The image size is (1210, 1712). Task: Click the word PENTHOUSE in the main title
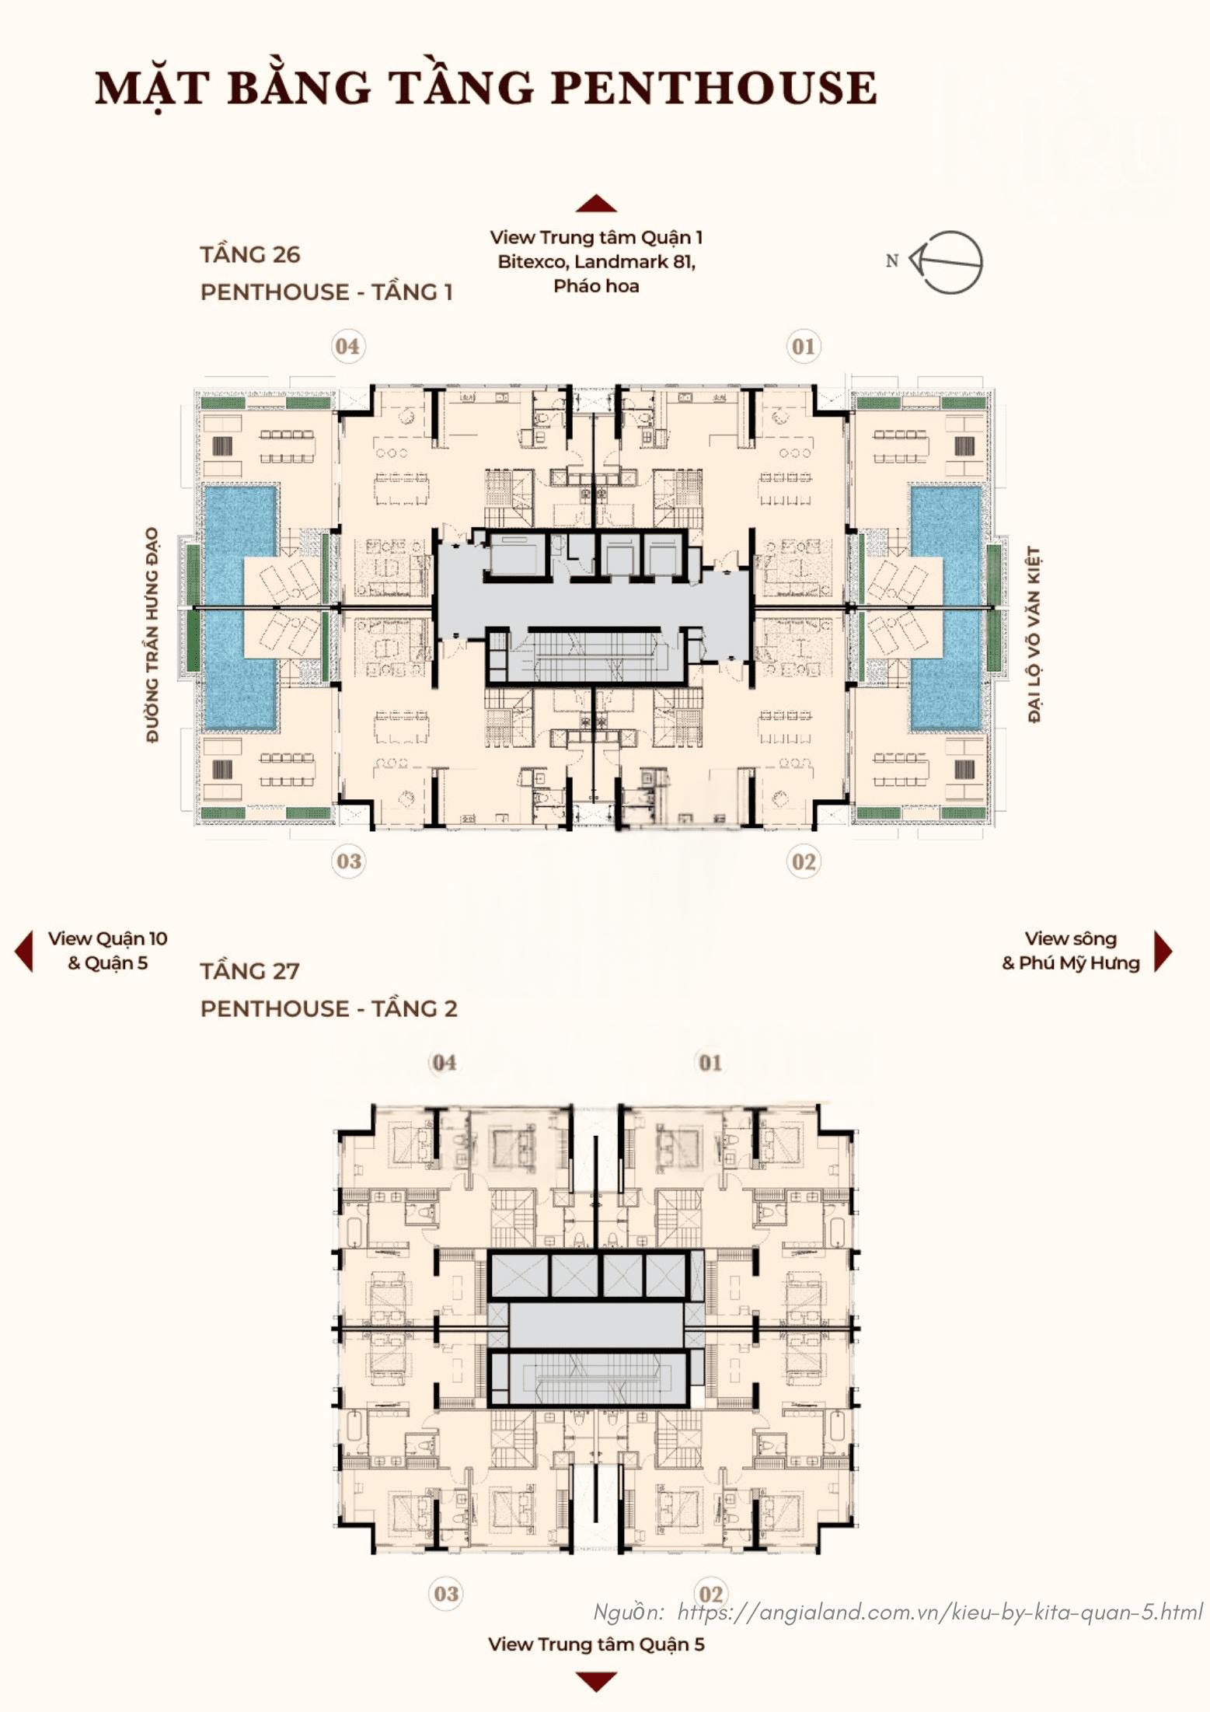[x=714, y=87]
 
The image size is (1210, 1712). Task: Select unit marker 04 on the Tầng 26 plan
[x=347, y=346]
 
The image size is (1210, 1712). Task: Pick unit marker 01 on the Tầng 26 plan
[x=804, y=346]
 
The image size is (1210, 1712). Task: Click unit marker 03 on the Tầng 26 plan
[x=349, y=861]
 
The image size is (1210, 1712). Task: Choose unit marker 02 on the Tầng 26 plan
[x=804, y=861]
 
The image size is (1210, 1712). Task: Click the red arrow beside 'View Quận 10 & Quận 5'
[x=24, y=951]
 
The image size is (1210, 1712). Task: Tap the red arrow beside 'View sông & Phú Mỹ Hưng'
[x=1163, y=951]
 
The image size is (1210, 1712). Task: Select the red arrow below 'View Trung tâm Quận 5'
[x=596, y=1682]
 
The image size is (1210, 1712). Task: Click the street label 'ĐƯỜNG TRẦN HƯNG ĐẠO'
[x=152, y=634]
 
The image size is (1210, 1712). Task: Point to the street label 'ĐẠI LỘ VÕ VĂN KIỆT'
[x=1034, y=634]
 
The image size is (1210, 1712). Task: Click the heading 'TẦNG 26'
[x=250, y=254]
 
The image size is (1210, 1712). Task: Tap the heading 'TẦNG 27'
[x=250, y=971]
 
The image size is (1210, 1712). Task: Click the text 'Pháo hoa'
[x=596, y=286]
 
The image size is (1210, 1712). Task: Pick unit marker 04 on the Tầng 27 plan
[x=445, y=1063]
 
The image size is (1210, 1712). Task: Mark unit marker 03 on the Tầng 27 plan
[x=446, y=1594]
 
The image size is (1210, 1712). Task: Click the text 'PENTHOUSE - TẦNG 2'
[x=329, y=1008]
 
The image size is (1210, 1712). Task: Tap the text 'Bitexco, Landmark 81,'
[x=596, y=262]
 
